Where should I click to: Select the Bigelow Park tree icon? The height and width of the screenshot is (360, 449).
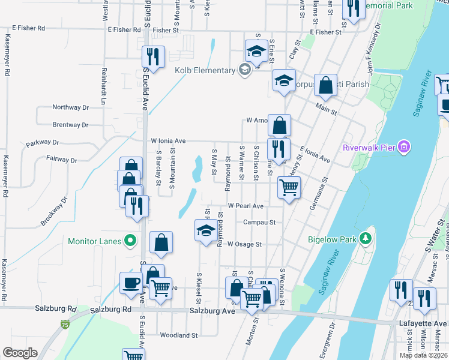pos(364,239)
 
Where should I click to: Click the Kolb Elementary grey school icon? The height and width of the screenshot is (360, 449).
pos(244,70)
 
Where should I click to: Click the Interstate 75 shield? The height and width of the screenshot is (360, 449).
pos(64,325)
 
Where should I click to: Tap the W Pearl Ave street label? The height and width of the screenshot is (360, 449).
pos(250,206)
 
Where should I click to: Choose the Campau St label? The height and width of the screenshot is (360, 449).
pos(259,222)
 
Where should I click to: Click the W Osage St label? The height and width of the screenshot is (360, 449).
pos(245,244)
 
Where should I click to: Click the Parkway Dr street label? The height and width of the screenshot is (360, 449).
pos(43,143)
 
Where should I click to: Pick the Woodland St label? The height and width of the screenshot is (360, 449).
pos(178,335)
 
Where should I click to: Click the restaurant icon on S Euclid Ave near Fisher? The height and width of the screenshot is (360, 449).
pos(152,56)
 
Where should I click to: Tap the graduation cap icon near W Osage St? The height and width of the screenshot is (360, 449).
pos(205,230)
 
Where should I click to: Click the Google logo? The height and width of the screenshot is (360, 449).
pos(20,353)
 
